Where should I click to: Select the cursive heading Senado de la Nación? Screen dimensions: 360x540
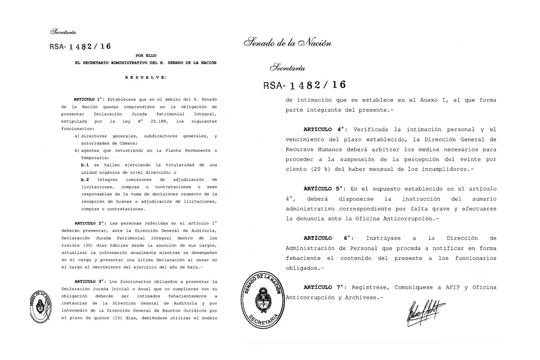[287, 43]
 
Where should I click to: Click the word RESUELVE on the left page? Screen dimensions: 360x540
[145, 77]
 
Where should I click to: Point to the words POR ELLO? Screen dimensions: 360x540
[145, 56]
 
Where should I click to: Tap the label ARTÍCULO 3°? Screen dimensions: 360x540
[88, 280]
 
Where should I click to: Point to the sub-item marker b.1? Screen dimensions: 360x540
[85, 164]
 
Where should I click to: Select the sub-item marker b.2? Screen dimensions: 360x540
[85, 179]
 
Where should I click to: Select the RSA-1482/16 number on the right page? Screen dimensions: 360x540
[304, 85]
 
